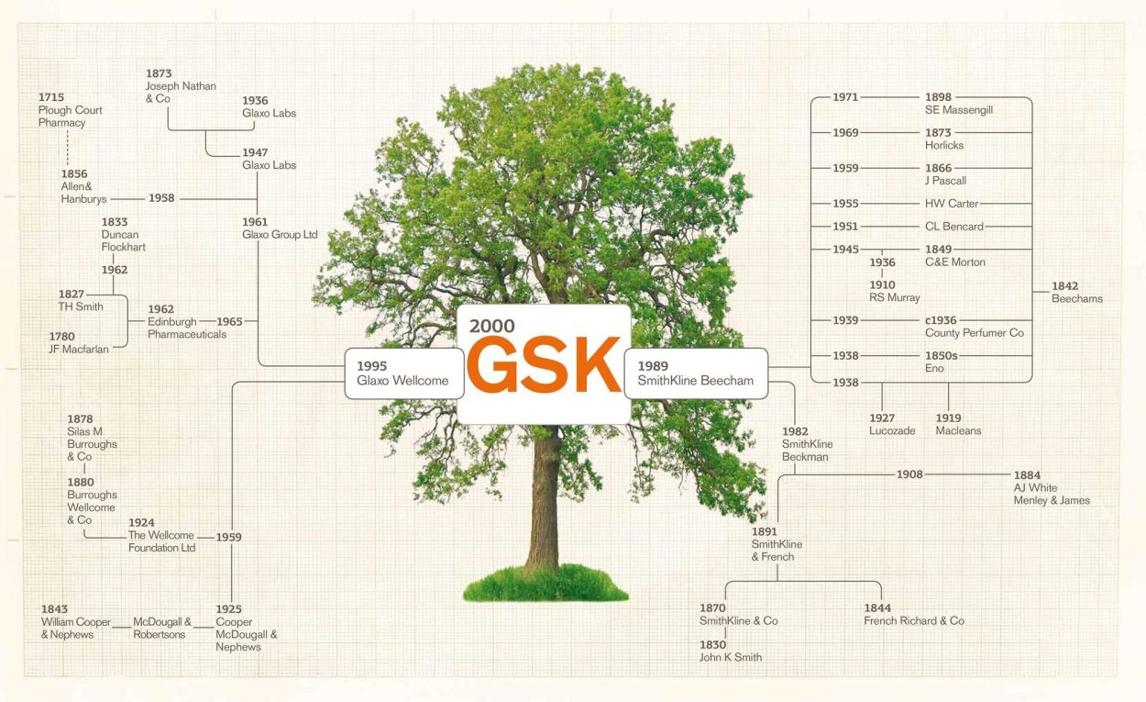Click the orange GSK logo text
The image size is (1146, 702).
pos(544,365)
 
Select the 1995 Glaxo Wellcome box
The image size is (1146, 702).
pos(403,373)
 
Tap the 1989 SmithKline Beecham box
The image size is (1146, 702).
pos(696,373)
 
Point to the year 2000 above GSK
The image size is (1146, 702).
pos(492,326)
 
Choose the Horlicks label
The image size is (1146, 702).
pos(944,145)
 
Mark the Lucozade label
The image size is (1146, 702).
pos(892,431)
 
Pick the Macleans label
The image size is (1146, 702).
pos(958,431)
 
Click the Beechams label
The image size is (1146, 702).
pos(1076,298)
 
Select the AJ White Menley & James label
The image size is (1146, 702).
pos(1051,495)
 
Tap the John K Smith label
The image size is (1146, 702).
pos(731,657)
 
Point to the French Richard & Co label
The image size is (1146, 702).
pos(914,621)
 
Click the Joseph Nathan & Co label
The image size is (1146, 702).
pos(181,86)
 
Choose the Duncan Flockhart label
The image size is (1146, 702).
pos(123,240)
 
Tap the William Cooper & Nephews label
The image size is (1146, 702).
pos(75,628)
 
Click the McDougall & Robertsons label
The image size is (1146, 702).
pos(162,628)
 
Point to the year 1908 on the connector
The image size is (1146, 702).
pos(909,474)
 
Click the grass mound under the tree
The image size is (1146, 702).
pos(545,584)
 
